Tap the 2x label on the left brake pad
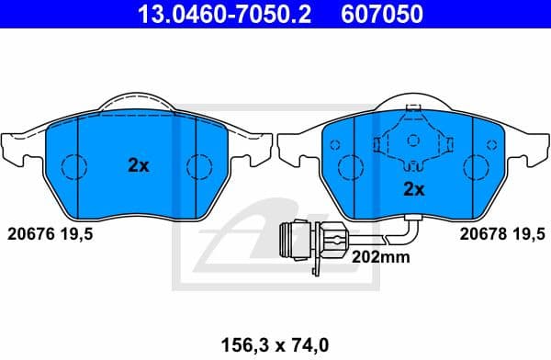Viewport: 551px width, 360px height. [138, 166]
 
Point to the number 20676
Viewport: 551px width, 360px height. [29, 233]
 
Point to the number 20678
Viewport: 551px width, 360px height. [480, 233]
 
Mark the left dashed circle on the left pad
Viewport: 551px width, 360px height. [73, 167]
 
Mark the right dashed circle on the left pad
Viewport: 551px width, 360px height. [198, 167]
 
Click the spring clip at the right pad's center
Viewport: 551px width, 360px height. [413, 142]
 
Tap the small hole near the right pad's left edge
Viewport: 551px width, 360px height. [334, 145]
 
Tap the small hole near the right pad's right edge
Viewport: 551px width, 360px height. [492, 145]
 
